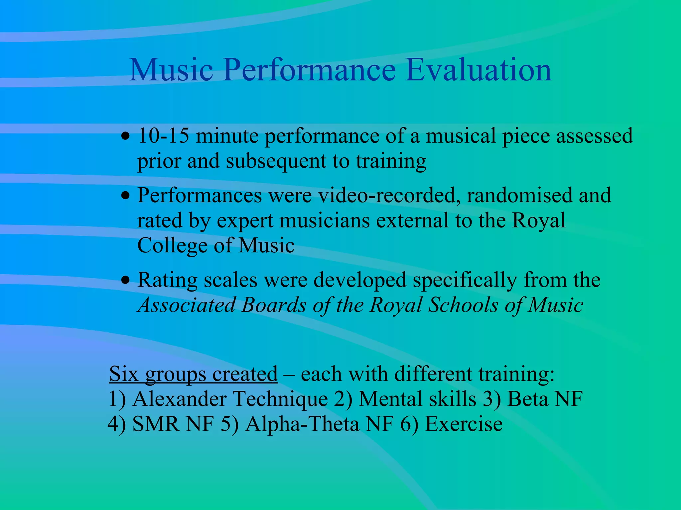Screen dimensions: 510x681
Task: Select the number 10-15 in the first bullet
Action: [x=163, y=136]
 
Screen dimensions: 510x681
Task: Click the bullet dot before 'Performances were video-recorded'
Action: [x=125, y=196]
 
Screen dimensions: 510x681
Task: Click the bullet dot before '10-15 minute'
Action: [x=125, y=136]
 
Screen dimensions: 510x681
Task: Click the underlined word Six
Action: [x=123, y=374]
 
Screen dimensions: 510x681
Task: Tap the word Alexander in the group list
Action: [x=179, y=399]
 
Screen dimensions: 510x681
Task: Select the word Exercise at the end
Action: [x=464, y=424]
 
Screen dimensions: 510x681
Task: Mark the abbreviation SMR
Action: [x=156, y=424]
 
